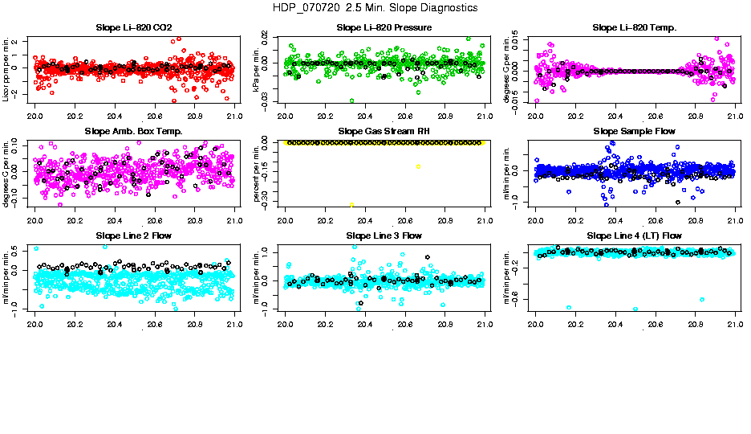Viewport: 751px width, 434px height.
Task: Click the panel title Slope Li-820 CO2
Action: [x=133, y=27]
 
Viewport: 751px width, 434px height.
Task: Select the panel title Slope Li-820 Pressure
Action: [x=384, y=27]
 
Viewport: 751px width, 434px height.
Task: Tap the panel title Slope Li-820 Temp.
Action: [x=635, y=27]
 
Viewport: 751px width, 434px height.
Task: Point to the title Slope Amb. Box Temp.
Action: [x=133, y=131]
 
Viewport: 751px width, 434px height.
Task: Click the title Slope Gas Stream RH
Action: [x=384, y=131]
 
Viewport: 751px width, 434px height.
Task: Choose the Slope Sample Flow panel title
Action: [x=635, y=131]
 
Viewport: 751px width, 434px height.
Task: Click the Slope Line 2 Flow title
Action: [x=133, y=235]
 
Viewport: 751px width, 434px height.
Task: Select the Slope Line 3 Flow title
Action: [x=384, y=235]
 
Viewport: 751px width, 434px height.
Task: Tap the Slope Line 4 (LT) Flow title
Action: [x=635, y=235]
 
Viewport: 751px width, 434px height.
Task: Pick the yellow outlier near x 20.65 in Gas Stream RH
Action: [x=418, y=166]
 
